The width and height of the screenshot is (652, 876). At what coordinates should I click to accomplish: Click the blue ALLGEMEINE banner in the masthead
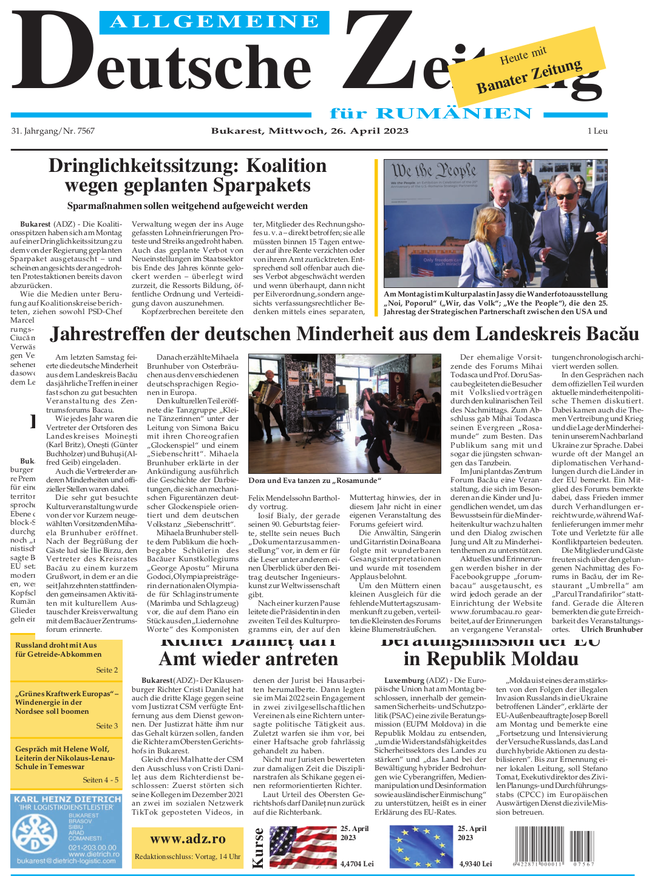click(x=214, y=22)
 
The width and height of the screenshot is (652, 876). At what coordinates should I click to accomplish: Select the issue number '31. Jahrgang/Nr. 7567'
click(x=53, y=131)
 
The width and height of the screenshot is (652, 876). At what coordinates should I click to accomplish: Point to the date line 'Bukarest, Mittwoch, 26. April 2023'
click(x=310, y=131)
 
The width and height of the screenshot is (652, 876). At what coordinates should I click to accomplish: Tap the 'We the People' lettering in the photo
click(x=433, y=170)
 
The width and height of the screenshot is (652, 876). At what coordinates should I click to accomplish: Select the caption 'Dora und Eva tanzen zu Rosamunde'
click(x=314, y=481)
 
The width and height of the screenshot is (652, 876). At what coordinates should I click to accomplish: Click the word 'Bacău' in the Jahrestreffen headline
click(x=613, y=334)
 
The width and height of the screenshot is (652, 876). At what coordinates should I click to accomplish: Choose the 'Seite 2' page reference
click(x=107, y=670)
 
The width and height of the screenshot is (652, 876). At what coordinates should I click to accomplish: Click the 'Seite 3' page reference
click(x=107, y=726)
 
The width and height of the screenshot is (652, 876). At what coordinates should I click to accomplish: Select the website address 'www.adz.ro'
click(x=188, y=839)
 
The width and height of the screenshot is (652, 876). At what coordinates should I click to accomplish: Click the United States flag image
click(x=302, y=846)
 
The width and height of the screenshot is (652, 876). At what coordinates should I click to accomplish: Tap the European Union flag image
click(x=421, y=846)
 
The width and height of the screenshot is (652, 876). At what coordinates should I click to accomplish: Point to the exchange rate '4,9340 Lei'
click(x=475, y=863)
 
